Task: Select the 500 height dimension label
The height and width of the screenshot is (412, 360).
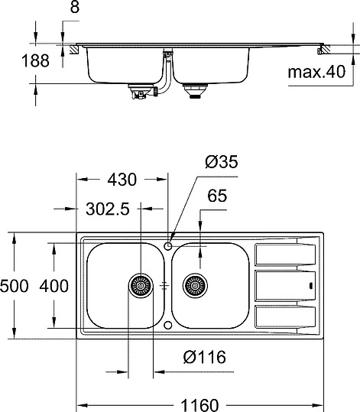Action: click(15, 287)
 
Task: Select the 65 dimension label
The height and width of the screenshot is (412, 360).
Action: click(216, 196)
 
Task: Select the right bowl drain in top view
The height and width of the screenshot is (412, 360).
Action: click(195, 286)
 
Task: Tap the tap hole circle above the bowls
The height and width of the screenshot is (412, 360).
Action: click(167, 245)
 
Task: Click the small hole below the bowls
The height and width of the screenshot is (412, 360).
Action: click(167, 325)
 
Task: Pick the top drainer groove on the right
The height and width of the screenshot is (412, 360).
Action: click(284, 252)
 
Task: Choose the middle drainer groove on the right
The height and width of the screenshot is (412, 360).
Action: click(284, 286)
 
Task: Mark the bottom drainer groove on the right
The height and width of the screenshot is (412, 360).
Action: click(284, 317)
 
